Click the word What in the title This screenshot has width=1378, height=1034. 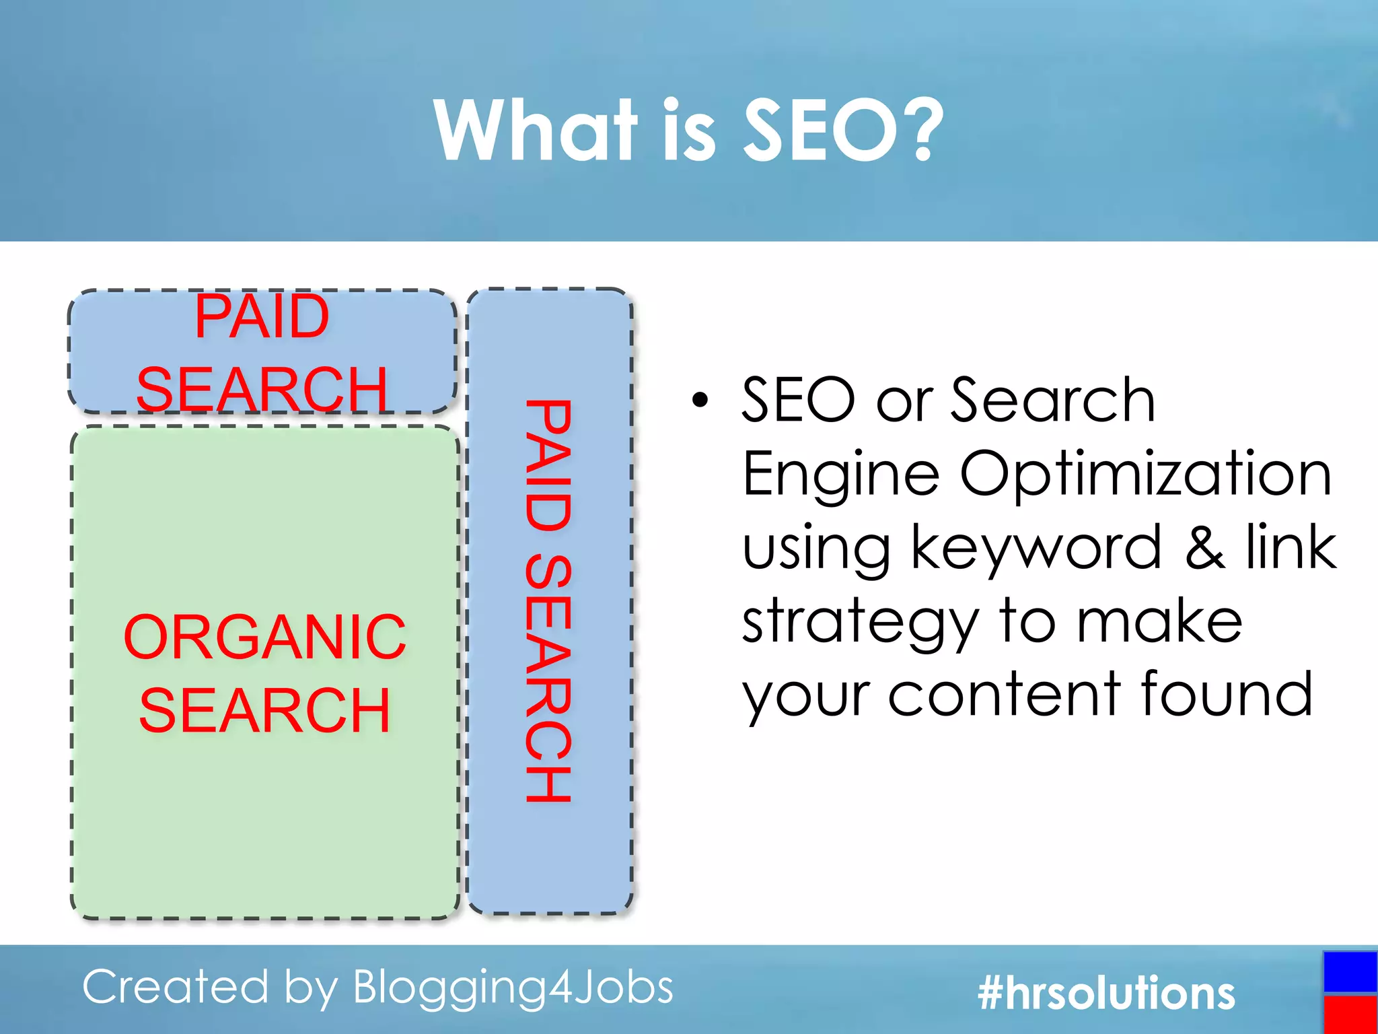pos(535,129)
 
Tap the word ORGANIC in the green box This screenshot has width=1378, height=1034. pos(265,637)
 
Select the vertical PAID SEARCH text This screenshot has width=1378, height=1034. pos(548,600)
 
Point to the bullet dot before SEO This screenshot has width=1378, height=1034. pos(700,400)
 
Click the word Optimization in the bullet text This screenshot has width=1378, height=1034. pos(1145,474)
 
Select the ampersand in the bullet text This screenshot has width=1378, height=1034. pos(1204,547)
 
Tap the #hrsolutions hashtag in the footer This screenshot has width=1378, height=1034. pos(1106,993)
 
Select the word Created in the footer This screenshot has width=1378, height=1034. pos(176,987)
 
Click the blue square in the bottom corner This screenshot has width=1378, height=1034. pos(1350,971)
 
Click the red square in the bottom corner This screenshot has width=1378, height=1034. pos(1350,1014)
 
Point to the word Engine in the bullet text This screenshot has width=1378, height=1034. pos(840,475)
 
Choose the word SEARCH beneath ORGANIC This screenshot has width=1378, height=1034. pos(264,710)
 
